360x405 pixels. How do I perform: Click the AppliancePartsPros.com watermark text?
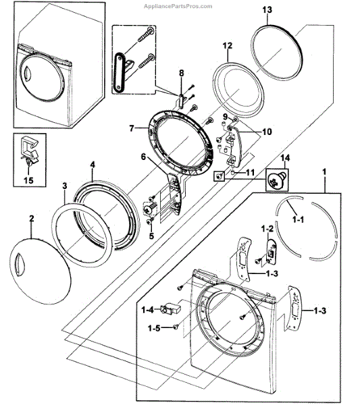click(x=178, y=6)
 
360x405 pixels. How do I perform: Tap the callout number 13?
click(x=267, y=10)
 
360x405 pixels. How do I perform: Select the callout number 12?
click(x=228, y=46)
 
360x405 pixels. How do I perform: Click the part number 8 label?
click(x=182, y=73)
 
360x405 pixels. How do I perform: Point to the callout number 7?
click(x=132, y=128)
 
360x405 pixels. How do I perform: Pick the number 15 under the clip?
click(x=28, y=180)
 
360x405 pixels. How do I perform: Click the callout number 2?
click(x=31, y=219)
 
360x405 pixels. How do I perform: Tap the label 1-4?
click(x=147, y=310)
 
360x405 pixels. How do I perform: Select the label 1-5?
click(x=154, y=328)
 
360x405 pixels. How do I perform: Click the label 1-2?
click(x=267, y=228)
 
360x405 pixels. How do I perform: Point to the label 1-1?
click(x=298, y=219)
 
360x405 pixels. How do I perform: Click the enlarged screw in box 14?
click(x=277, y=180)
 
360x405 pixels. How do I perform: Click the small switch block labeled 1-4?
click(x=171, y=308)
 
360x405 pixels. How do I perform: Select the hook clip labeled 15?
click(x=29, y=152)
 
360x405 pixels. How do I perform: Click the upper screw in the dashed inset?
click(x=145, y=34)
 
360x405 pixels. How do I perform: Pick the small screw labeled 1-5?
click(x=176, y=327)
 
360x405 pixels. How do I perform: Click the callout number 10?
click(x=267, y=132)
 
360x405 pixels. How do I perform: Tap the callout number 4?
click(x=93, y=165)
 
